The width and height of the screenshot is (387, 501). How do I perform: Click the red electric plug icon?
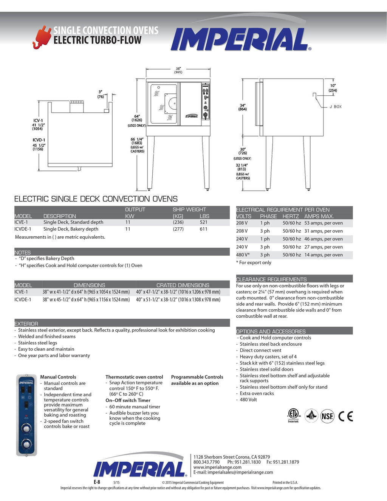42,37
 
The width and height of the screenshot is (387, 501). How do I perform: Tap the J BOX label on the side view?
335,107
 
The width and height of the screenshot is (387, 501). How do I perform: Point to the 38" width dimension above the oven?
178,70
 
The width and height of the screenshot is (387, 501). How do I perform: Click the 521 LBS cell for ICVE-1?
204,222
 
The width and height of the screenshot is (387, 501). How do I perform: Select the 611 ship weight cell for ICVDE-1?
204,229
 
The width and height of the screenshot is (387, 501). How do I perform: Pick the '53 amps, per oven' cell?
324,223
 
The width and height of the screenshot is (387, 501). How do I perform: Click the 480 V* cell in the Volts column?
243,255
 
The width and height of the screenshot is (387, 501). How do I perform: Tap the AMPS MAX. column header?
319,216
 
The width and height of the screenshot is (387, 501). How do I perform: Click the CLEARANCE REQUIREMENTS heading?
271,279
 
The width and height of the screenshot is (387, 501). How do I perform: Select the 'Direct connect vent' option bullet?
260,351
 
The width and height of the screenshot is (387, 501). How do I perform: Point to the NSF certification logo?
327,416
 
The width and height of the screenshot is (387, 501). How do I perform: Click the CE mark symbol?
345,416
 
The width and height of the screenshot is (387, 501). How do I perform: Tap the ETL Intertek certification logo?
293,415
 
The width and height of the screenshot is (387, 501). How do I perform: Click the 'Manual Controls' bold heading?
58,377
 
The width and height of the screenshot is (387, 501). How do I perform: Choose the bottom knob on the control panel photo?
26,444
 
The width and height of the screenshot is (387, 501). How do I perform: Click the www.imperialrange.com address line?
217,467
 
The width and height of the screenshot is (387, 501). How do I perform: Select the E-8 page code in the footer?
97,482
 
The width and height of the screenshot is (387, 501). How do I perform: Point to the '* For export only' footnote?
254,263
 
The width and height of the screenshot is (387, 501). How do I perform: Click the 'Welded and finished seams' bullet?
47,337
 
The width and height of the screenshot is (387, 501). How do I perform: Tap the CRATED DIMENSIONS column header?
183,285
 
